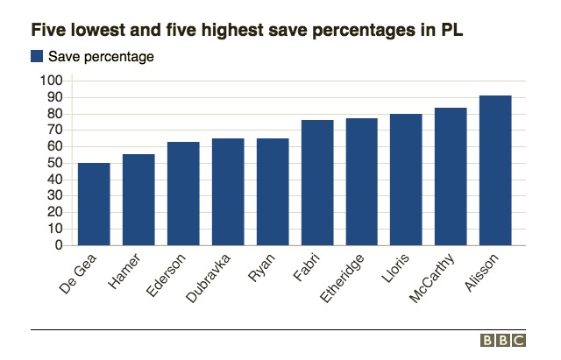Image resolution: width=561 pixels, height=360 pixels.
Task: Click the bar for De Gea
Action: click(x=94, y=204)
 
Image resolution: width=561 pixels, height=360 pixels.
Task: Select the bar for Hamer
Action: click(x=138, y=200)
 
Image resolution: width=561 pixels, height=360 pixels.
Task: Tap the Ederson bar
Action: click(x=183, y=194)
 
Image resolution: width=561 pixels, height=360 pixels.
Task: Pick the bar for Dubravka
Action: click(x=228, y=192)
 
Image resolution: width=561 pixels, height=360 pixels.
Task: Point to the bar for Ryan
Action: click(x=273, y=192)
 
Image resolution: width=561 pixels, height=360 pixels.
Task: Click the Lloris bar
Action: click(x=407, y=180)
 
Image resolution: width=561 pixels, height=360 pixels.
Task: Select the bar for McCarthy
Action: click(x=451, y=176)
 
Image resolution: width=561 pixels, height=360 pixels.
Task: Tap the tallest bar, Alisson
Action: click(x=496, y=170)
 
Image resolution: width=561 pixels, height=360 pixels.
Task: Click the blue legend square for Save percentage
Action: click(x=37, y=57)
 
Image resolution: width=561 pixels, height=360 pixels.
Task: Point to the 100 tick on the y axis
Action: click(x=52, y=81)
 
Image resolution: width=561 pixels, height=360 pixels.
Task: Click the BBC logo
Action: click(x=503, y=341)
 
